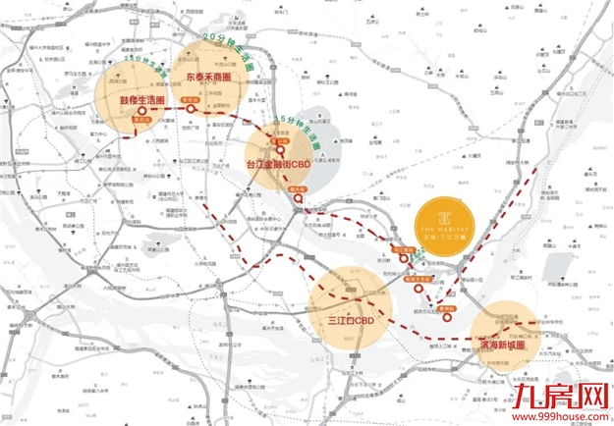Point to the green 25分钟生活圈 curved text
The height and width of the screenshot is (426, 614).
[146, 63]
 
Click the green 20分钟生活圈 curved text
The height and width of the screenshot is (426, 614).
[227, 45]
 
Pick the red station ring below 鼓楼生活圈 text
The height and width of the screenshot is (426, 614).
[141, 113]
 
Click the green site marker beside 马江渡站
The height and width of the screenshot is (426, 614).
[419, 257]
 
